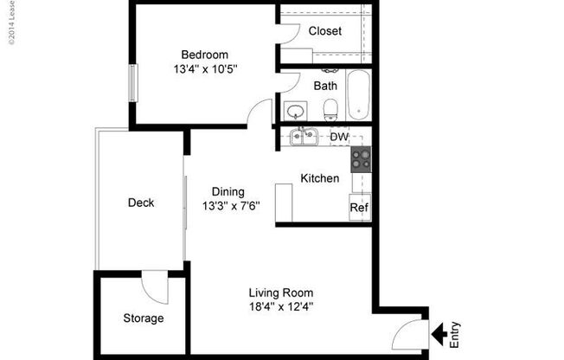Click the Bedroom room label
pos(204,54)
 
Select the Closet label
pos(325,31)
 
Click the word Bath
pos(325,86)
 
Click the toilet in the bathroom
pos(330,109)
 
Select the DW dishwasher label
pos(339,137)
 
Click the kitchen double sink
pos(303,137)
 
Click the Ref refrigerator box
pos(360,208)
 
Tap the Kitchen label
pos(319,178)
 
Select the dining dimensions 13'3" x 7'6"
pos(231,206)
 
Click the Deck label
pos(141,203)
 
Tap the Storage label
pos(143,318)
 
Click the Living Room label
pos(280,292)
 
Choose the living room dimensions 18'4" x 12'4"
pos(280,306)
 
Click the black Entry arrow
pos(439,331)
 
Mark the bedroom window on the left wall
pos(133,84)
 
